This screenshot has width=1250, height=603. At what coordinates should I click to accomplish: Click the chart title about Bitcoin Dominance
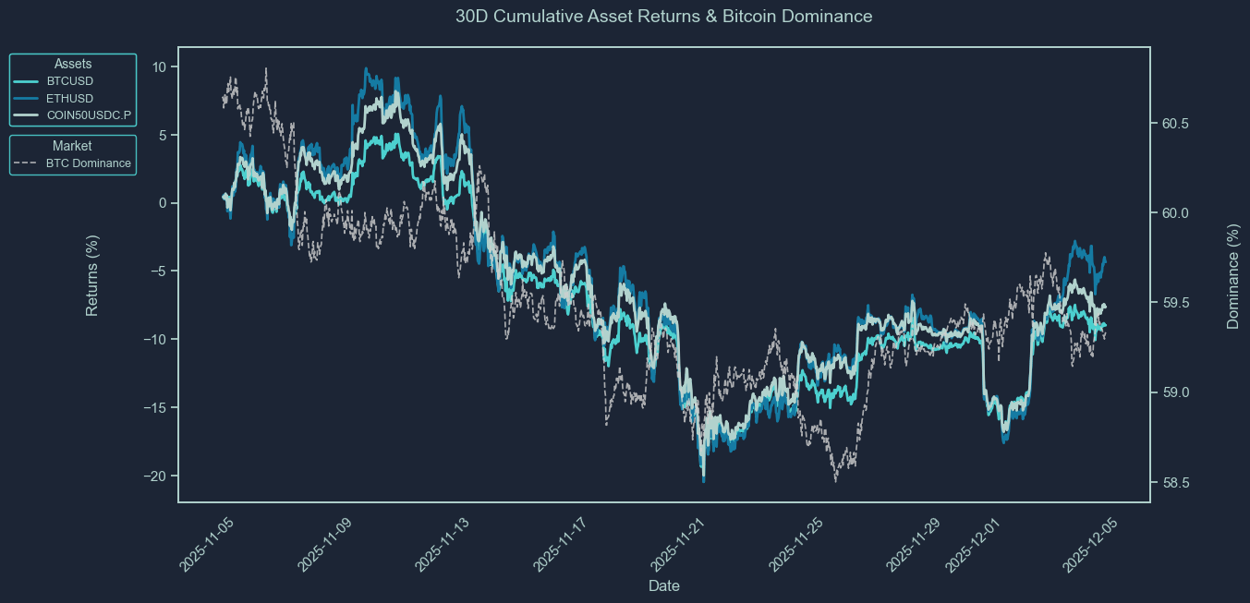[663, 17]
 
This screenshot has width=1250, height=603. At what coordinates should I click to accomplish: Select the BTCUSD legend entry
[69, 81]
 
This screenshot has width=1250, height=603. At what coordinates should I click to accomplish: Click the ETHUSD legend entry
[69, 98]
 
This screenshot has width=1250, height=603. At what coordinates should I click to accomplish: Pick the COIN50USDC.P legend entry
[89, 115]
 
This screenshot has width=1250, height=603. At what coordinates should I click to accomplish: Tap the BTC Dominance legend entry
[88, 163]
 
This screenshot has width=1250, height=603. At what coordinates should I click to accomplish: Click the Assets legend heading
[73, 64]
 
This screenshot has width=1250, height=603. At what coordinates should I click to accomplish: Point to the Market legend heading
[72, 146]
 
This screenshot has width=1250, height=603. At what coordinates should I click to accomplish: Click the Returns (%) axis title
[92, 275]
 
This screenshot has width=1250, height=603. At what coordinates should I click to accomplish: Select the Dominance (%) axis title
[1232, 275]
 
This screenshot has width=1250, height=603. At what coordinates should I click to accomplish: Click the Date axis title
[664, 586]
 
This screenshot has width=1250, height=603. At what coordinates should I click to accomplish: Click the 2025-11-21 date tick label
[678, 546]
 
